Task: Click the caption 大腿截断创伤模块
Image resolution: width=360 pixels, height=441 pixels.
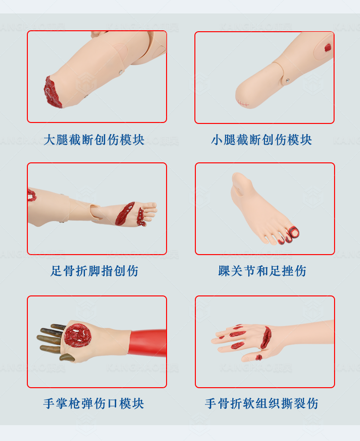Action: pyautogui.click(x=94, y=140)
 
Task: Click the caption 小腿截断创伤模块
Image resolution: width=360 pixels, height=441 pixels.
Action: pyautogui.click(x=262, y=140)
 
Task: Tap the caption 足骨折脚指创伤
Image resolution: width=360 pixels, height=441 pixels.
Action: pyautogui.click(x=94, y=271)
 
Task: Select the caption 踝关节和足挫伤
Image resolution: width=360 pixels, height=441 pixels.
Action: pyautogui.click(x=262, y=271)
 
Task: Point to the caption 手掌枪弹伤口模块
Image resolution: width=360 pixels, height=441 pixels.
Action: pyautogui.click(x=94, y=404)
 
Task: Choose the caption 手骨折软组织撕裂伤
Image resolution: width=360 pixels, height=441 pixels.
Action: pyautogui.click(x=262, y=404)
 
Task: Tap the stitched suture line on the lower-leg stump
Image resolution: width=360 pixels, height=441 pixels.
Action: pyautogui.click(x=242, y=103)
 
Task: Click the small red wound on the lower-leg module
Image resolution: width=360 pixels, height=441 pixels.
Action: pyautogui.click(x=328, y=48)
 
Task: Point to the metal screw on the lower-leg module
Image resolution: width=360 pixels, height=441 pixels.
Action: pyautogui.click(x=288, y=81)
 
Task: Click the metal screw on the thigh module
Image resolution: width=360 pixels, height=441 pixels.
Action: pyautogui.click(x=121, y=72)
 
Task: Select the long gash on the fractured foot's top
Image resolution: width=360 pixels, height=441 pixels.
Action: pyautogui.click(x=125, y=213)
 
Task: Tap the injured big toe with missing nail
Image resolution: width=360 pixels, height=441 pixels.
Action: pyautogui.click(x=293, y=233)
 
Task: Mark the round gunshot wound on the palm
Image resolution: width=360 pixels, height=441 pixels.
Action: pyautogui.click(x=78, y=335)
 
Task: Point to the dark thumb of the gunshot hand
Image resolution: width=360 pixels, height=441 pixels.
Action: pyautogui.click(x=67, y=357)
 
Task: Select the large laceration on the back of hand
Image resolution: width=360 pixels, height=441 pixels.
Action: pyautogui.click(x=265, y=337)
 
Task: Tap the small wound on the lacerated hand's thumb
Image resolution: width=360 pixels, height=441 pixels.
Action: pyautogui.click(x=259, y=357)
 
